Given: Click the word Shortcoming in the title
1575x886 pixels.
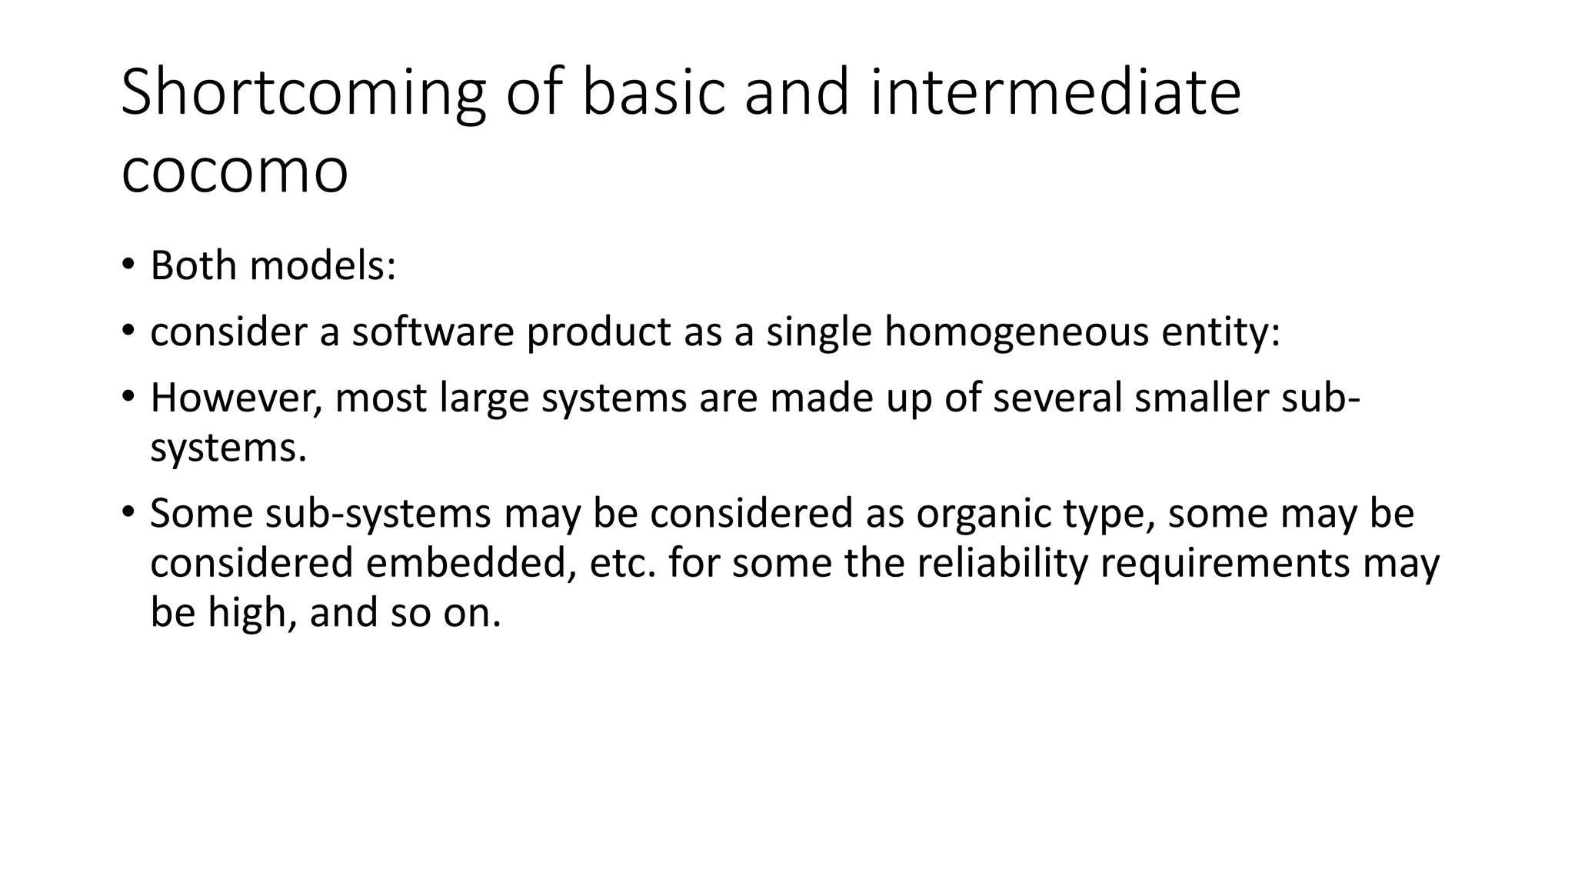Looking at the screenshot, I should pyautogui.click(x=303, y=93).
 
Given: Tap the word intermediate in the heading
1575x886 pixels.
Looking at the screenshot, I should pyautogui.click(x=1055, y=93).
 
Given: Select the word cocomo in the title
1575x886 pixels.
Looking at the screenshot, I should pyautogui.click(x=235, y=172).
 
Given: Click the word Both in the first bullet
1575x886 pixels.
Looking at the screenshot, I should pyautogui.click(x=193, y=266).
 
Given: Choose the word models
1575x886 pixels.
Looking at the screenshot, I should pyautogui.click(x=323, y=266).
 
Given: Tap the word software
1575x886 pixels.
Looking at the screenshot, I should pyautogui.click(x=433, y=332).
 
